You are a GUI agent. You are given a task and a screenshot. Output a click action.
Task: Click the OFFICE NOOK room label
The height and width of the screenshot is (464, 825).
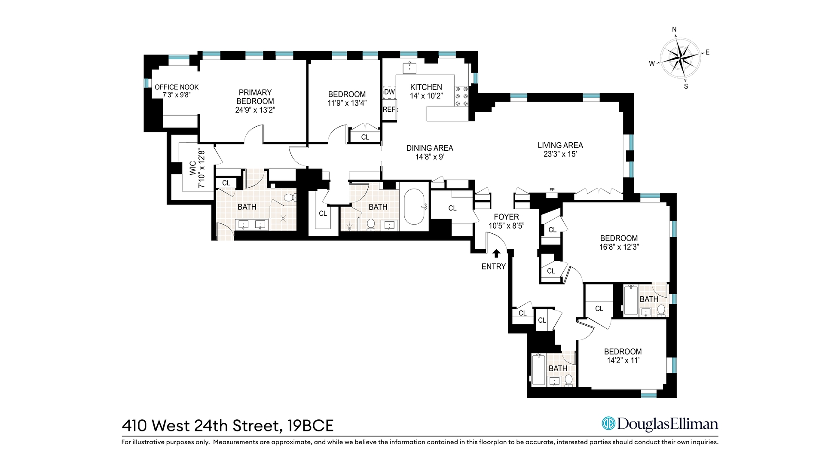coord(177,87)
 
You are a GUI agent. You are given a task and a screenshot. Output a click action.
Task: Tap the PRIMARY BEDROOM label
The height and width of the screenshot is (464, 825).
coord(255,97)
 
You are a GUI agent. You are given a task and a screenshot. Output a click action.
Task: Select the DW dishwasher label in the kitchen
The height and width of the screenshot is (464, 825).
coord(389,92)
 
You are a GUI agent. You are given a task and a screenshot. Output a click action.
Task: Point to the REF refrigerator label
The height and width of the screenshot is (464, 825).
coord(389,110)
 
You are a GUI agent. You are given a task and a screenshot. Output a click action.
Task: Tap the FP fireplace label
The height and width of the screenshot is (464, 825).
coord(552,189)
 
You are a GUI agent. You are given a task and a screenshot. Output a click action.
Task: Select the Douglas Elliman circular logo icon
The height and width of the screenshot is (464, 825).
coord(608,424)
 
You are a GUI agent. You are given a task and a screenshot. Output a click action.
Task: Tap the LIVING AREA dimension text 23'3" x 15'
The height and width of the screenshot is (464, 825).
coord(560,154)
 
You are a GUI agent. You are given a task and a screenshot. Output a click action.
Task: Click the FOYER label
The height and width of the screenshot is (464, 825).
coord(506,217)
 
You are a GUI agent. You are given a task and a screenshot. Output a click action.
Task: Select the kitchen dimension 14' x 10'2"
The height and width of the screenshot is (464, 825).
coord(426,96)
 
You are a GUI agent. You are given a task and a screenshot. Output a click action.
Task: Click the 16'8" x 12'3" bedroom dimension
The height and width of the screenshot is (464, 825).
coord(619,247)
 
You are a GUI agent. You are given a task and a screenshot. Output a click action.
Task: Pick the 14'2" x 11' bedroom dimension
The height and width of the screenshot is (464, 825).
coord(623,360)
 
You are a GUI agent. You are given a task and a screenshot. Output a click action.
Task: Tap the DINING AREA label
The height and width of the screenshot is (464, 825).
coord(430,148)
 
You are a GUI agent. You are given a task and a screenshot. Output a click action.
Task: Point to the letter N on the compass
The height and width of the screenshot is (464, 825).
coord(674,30)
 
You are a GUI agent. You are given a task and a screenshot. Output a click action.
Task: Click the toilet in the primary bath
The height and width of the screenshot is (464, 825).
coord(290,198)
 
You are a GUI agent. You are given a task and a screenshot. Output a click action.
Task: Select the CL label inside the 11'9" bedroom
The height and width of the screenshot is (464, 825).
coord(365,137)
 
